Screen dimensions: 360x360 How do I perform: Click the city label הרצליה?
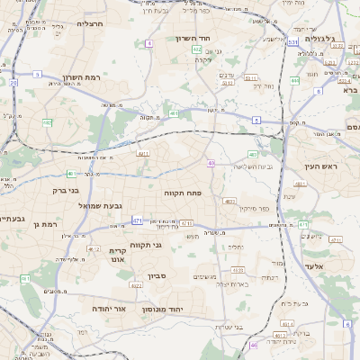[x=91, y=23]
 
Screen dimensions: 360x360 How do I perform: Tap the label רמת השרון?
[x=80, y=77]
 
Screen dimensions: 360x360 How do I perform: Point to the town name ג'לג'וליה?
[x=319, y=39]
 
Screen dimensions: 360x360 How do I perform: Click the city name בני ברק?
[x=66, y=190]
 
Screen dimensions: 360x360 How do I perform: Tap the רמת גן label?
[x=44, y=223]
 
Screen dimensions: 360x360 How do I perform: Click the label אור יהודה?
[x=107, y=308]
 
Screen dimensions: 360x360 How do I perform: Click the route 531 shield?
[x=293, y=41]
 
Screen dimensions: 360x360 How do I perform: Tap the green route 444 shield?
[x=295, y=80]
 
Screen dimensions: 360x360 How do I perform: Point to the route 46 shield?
[x=254, y=344]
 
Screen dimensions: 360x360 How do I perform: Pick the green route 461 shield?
[x=24, y=279]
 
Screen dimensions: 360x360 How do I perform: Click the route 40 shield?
[x=211, y=163]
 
